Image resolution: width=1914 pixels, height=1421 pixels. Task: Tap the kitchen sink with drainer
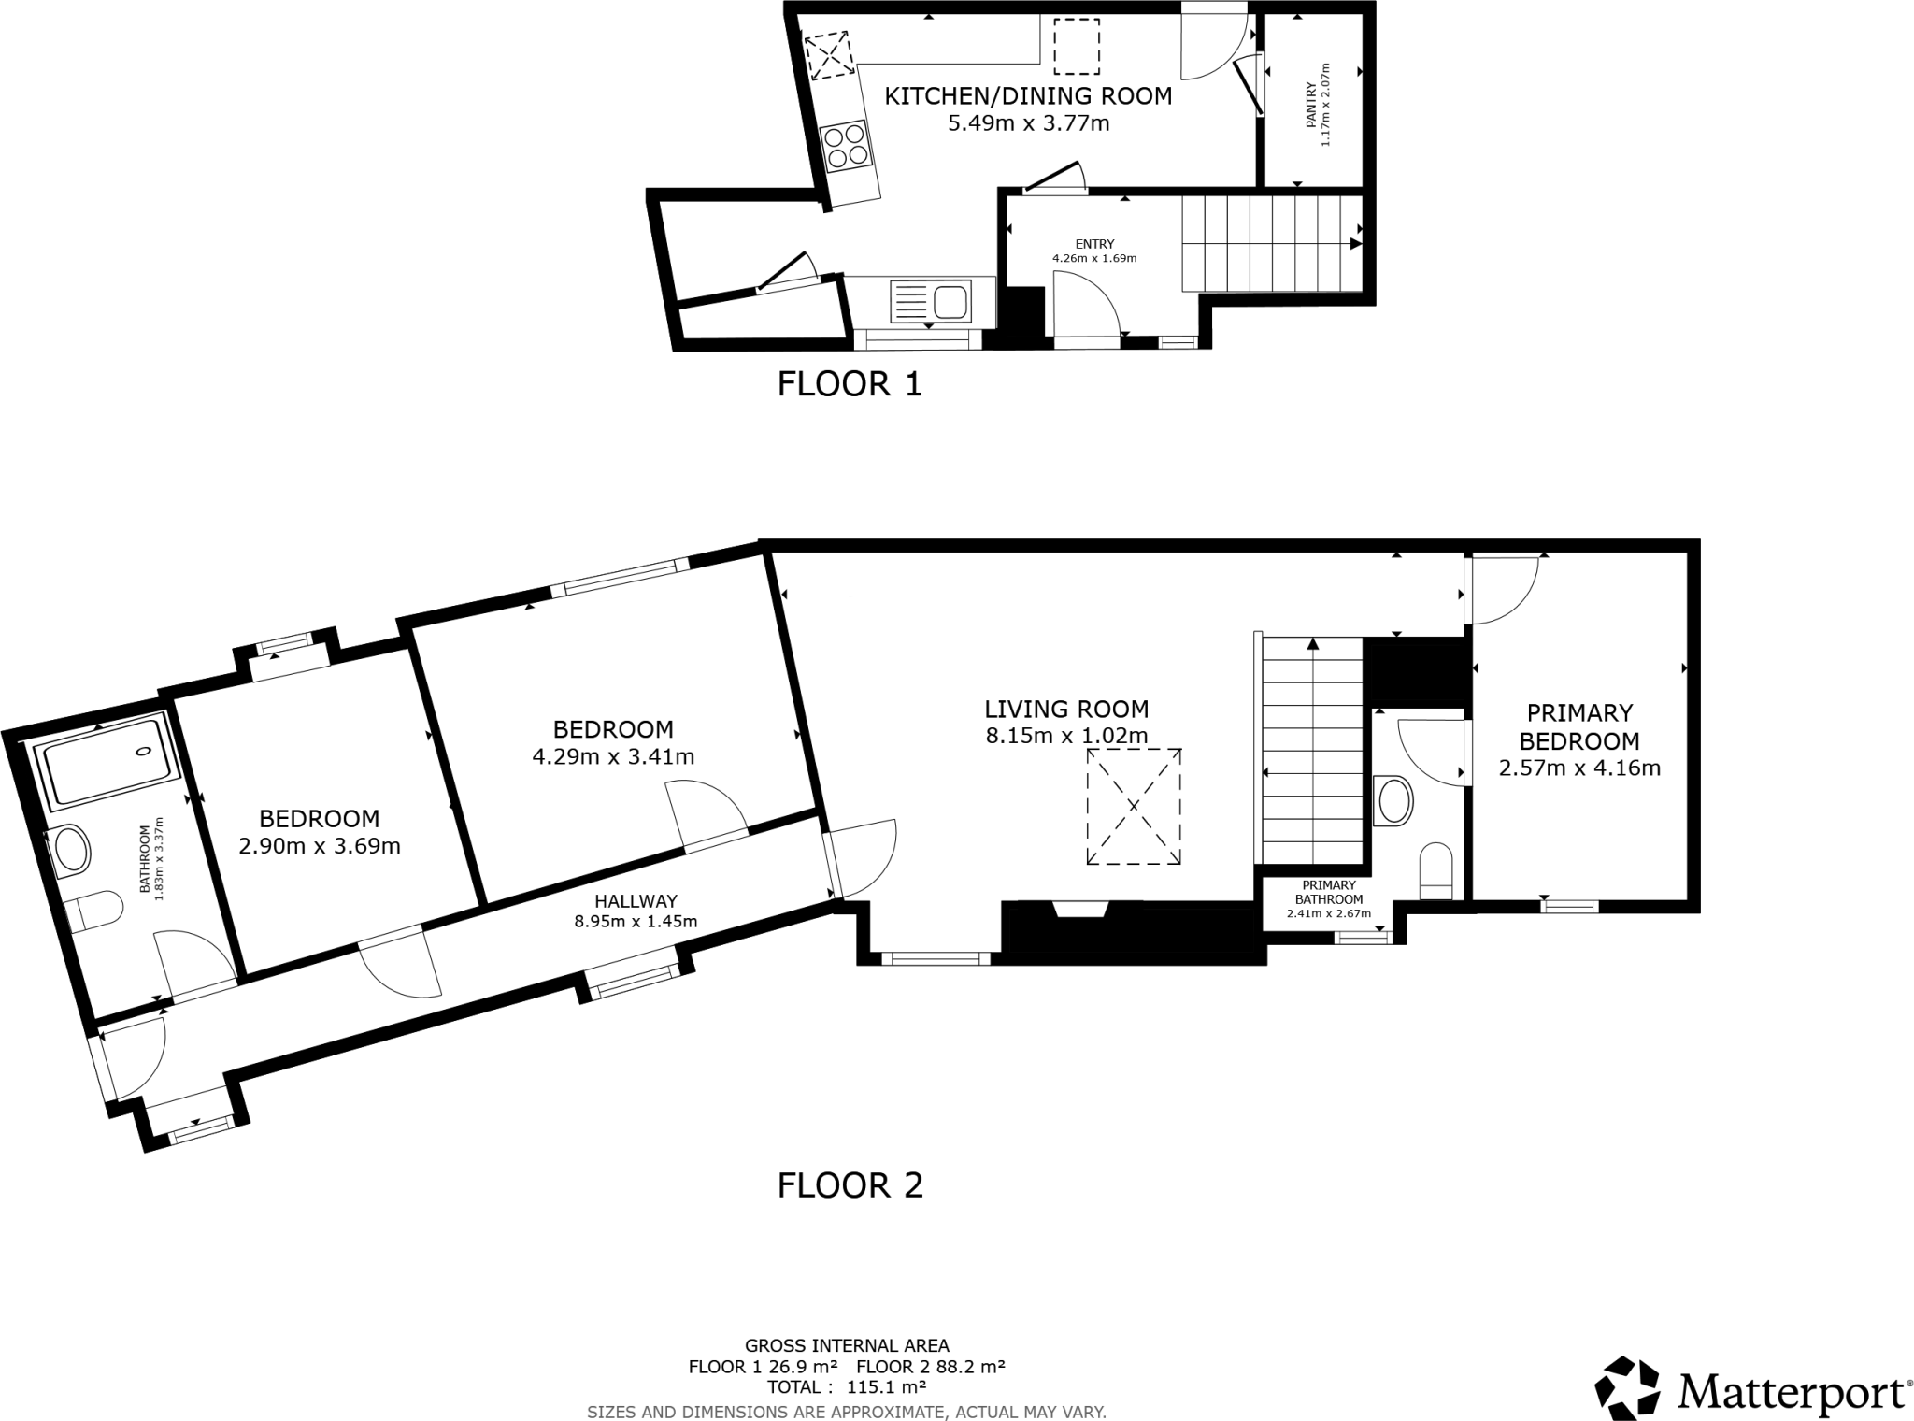pos(931,302)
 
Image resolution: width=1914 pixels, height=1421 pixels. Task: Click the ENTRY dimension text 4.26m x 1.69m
pos(1094,258)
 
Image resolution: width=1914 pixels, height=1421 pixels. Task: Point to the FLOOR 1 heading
pos(850,384)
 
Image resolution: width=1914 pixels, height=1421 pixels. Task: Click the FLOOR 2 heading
pos(850,1185)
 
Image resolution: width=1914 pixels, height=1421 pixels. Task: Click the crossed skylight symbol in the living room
pos(1133,806)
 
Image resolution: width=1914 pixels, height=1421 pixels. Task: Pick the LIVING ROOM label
pos(1066,709)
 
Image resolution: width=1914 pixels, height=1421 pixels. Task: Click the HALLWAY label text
pos(636,901)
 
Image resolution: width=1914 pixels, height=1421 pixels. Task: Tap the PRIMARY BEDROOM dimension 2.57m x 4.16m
pos(1579,768)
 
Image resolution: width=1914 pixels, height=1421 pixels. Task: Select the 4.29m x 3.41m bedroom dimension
pos(613,756)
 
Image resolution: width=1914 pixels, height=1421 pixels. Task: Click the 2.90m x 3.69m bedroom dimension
pos(320,846)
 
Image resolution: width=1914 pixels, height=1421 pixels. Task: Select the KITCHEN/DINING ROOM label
pos(1028,96)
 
